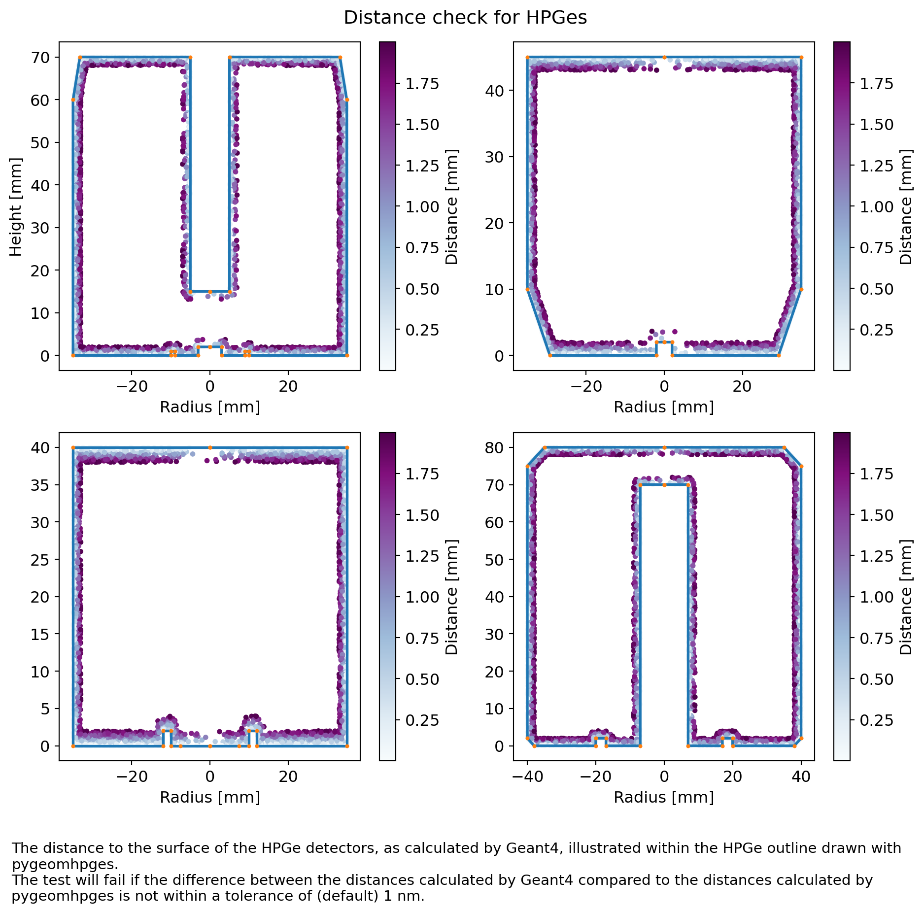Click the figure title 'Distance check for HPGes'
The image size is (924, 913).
point(465,18)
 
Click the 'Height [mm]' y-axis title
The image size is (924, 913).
point(16,207)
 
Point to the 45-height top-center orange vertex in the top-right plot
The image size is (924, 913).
point(664,58)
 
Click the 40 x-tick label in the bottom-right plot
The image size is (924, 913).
point(801,777)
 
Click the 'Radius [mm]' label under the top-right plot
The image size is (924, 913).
point(664,407)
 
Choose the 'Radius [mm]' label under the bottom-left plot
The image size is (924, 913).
point(210,797)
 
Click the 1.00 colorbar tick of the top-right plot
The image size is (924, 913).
point(876,207)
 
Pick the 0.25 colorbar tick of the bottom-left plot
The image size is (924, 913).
point(422,720)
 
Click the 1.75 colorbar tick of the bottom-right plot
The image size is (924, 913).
point(876,474)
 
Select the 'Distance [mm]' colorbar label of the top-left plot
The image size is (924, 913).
point(451,207)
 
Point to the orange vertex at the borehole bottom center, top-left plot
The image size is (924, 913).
point(210,292)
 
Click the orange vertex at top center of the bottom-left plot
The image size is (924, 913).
point(210,448)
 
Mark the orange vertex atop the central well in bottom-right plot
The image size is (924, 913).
point(664,485)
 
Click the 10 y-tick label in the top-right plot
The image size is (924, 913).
point(495,289)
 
